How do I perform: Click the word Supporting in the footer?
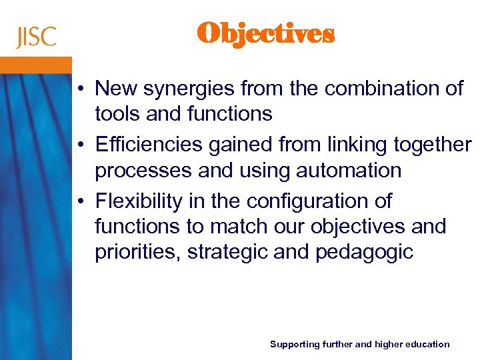point(294,344)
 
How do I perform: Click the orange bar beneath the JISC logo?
point(36,65)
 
